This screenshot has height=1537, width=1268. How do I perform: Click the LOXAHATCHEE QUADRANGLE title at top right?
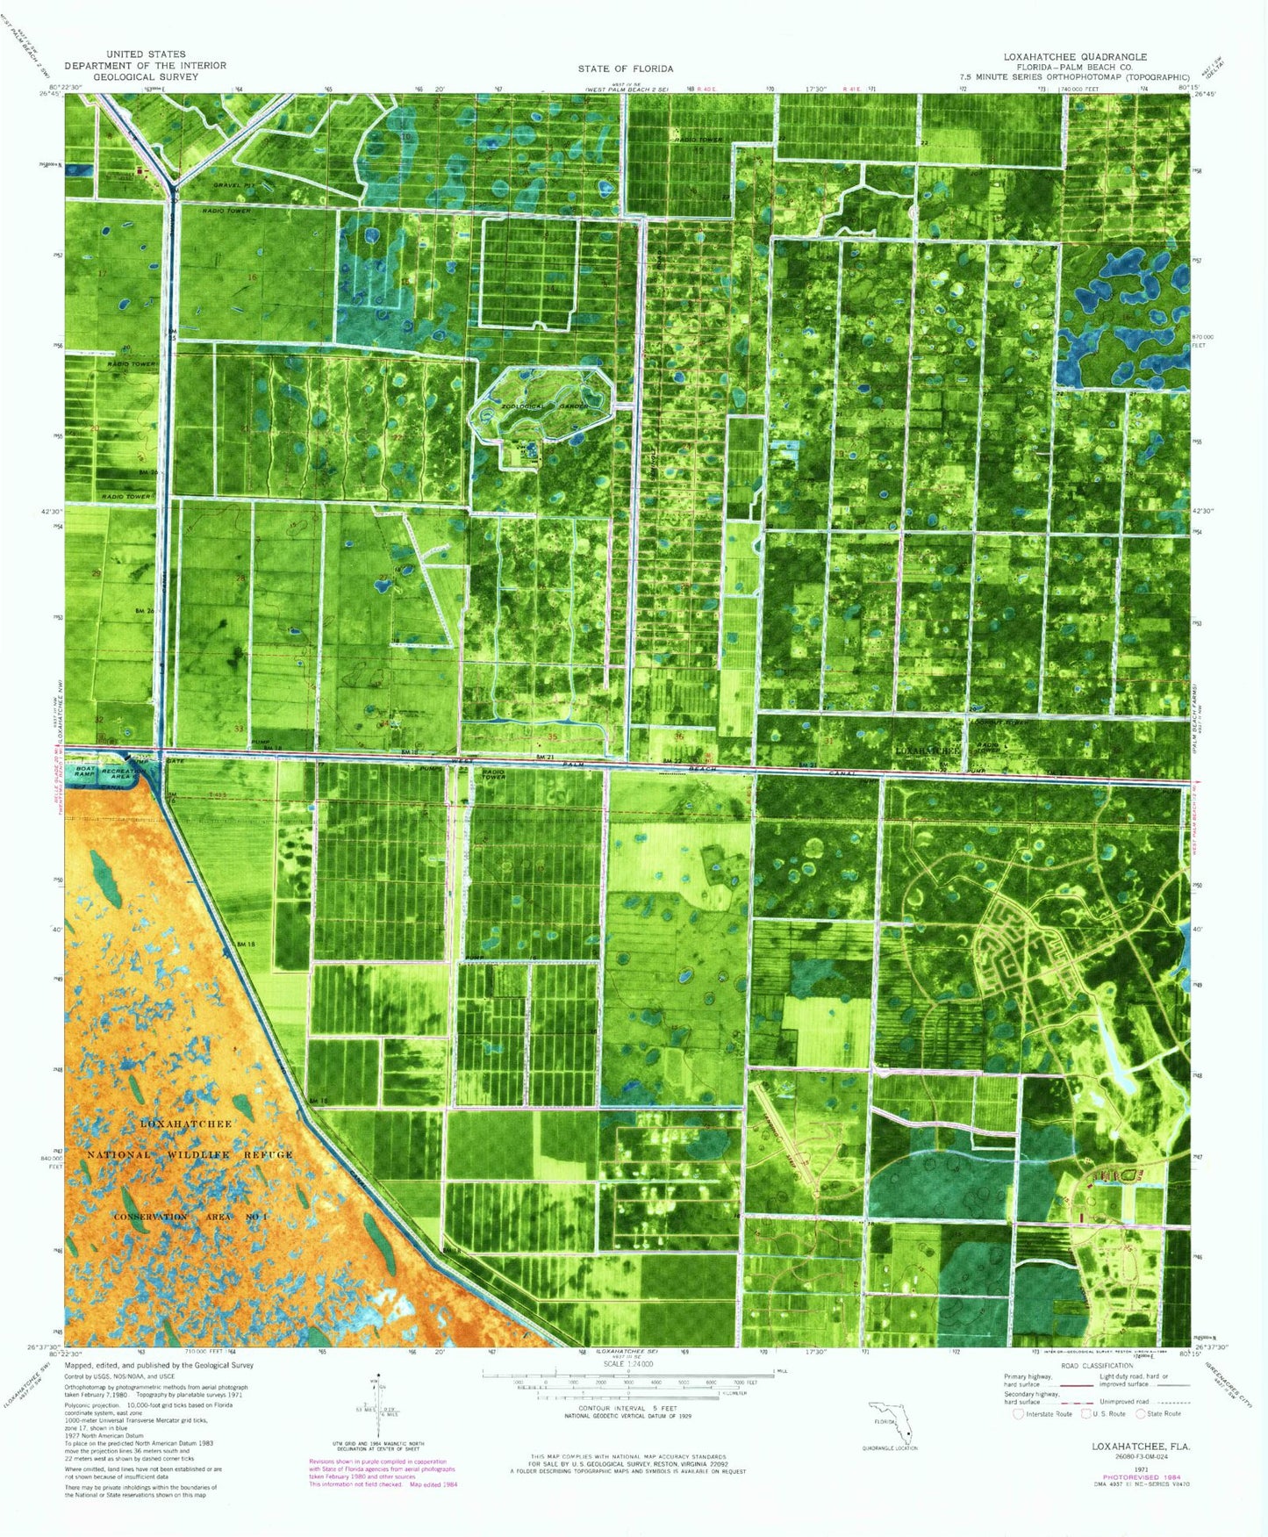click(1075, 56)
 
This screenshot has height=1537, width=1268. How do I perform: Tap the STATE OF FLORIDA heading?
click(625, 68)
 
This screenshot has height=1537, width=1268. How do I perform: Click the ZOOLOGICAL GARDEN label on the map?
click(527, 406)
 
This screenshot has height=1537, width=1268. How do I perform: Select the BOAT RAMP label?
click(85, 772)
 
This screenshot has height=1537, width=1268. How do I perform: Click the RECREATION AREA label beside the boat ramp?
click(122, 774)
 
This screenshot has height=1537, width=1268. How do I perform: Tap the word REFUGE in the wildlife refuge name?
click(267, 1154)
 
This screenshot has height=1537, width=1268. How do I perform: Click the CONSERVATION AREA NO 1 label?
click(190, 1217)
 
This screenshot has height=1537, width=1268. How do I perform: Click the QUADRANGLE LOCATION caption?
click(889, 1448)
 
